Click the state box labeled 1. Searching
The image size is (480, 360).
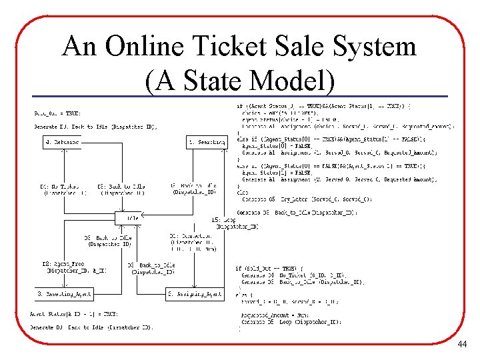tap(206, 142)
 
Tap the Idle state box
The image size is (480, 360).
tap(129, 219)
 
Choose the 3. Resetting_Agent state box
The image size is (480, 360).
tap(64, 294)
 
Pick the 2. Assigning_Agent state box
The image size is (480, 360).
tap(194, 294)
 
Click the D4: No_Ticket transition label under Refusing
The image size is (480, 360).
tap(63, 190)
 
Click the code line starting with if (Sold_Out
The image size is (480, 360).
tap(267, 268)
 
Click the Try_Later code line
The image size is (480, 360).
tap(307, 199)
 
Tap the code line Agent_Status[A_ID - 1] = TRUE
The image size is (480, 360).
tap(74, 314)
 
